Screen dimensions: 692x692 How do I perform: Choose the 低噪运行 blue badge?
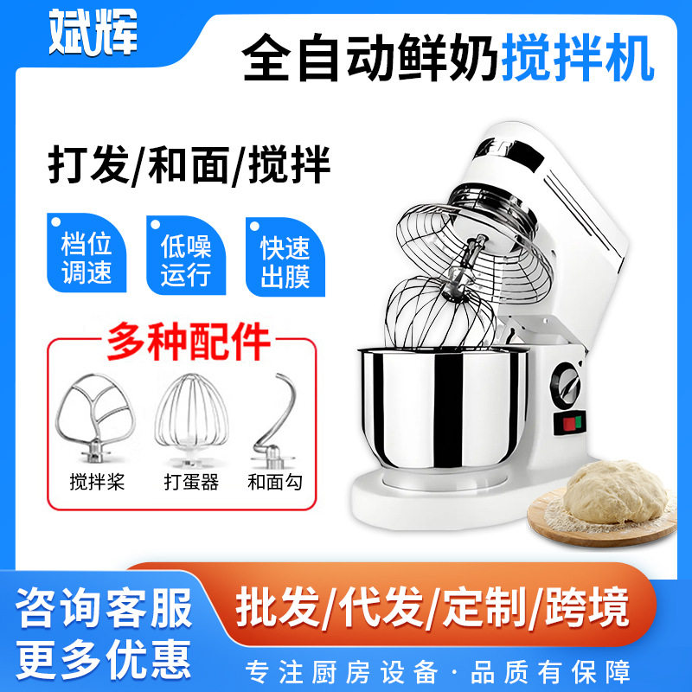coord(186,257)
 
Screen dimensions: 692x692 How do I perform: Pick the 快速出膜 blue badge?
coord(285,257)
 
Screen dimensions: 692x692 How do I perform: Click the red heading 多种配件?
coord(189,342)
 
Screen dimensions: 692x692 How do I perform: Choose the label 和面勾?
coord(274,482)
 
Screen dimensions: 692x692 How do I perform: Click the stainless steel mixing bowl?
coord(442,407)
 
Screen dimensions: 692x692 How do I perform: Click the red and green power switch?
coord(572,424)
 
